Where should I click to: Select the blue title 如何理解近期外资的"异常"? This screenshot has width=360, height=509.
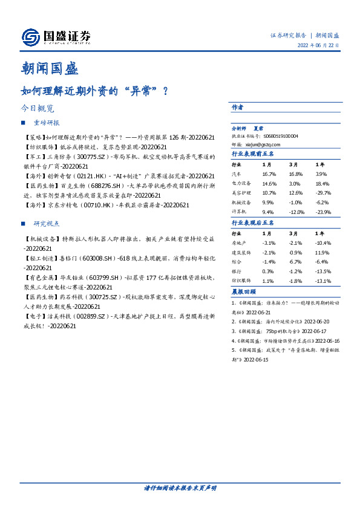[94, 91]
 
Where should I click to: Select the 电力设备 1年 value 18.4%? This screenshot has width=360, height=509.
[322, 183]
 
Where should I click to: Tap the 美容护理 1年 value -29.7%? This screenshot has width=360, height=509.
[322, 192]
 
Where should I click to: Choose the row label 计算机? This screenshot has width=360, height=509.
[239, 212]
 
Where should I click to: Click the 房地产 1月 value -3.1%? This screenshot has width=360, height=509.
[269, 242]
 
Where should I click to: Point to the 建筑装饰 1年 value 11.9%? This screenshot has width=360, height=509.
[322, 251]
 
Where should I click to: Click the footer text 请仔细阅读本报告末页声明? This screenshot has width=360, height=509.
[180, 488]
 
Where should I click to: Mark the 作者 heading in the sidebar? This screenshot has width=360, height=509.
[237, 106]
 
